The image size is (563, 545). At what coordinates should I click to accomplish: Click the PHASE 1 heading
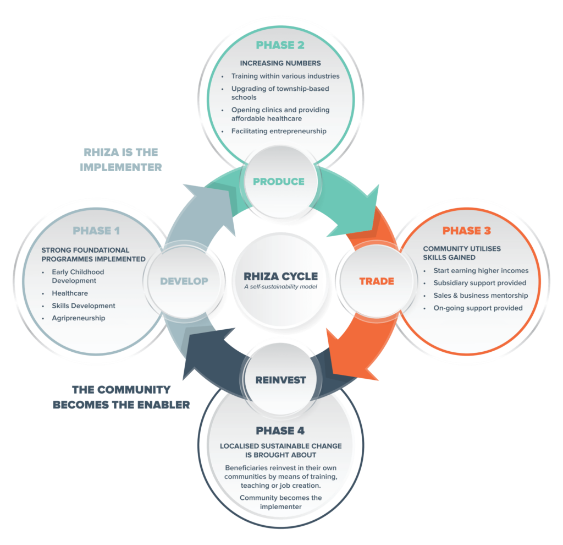(x=96, y=231)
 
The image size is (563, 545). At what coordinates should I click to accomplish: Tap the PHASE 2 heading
(x=280, y=45)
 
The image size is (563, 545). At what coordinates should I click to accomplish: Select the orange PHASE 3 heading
(x=466, y=231)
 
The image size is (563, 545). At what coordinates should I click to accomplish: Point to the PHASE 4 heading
(x=280, y=430)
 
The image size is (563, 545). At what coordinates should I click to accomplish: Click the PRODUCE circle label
(x=279, y=181)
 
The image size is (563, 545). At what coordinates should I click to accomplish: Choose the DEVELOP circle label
(x=184, y=281)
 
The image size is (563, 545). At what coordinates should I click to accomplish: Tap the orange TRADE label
(x=377, y=281)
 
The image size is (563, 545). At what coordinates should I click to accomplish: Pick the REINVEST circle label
(x=280, y=380)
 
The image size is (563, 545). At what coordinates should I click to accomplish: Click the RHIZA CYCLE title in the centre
(x=281, y=276)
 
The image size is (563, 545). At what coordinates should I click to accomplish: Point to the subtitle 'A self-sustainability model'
(x=281, y=287)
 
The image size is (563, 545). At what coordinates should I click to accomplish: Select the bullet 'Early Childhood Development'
(x=78, y=276)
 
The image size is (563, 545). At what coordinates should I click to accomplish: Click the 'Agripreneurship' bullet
(x=79, y=318)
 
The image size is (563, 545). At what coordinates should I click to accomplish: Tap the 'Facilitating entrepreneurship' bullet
(x=279, y=131)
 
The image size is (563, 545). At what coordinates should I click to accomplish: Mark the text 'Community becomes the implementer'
(x=280, y=503)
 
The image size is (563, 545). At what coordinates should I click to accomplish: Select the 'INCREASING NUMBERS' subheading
(x=280, y=63)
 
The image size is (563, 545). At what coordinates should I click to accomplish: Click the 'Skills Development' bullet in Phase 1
(x=84, y=306)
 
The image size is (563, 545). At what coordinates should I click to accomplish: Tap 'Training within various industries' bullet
(x=285, y=76)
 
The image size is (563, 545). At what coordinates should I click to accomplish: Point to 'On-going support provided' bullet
(x=478, y=308)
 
